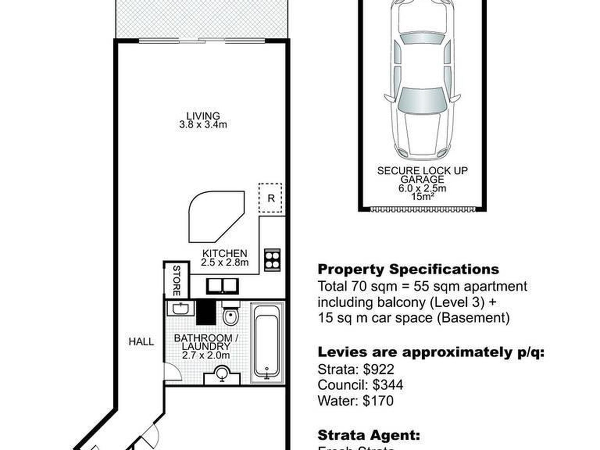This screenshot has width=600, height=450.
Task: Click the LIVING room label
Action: (203, 116)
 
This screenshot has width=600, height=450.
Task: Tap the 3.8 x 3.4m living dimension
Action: (203, 125)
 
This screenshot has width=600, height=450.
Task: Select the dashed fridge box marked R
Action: (270, 198)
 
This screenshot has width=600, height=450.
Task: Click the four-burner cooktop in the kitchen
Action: (272, 260)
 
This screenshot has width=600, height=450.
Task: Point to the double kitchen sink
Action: (223, 286)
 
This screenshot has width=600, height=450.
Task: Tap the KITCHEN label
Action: (225, 253)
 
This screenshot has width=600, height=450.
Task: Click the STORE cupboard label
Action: (177, 280)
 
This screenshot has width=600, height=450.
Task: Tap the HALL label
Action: (141, 341)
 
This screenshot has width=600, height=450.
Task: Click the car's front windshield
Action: (423, 100)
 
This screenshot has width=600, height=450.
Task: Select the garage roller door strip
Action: (423, 209)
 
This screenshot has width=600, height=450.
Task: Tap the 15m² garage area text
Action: (423, 196)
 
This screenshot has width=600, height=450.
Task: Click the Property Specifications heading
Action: (408, 269)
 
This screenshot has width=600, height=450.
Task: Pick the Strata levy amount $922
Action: (379, 369)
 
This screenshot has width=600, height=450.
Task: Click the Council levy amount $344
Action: (387, 385)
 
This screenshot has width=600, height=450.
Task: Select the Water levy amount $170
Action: (378, 401)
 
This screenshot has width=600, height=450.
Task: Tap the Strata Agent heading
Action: (369, 435)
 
